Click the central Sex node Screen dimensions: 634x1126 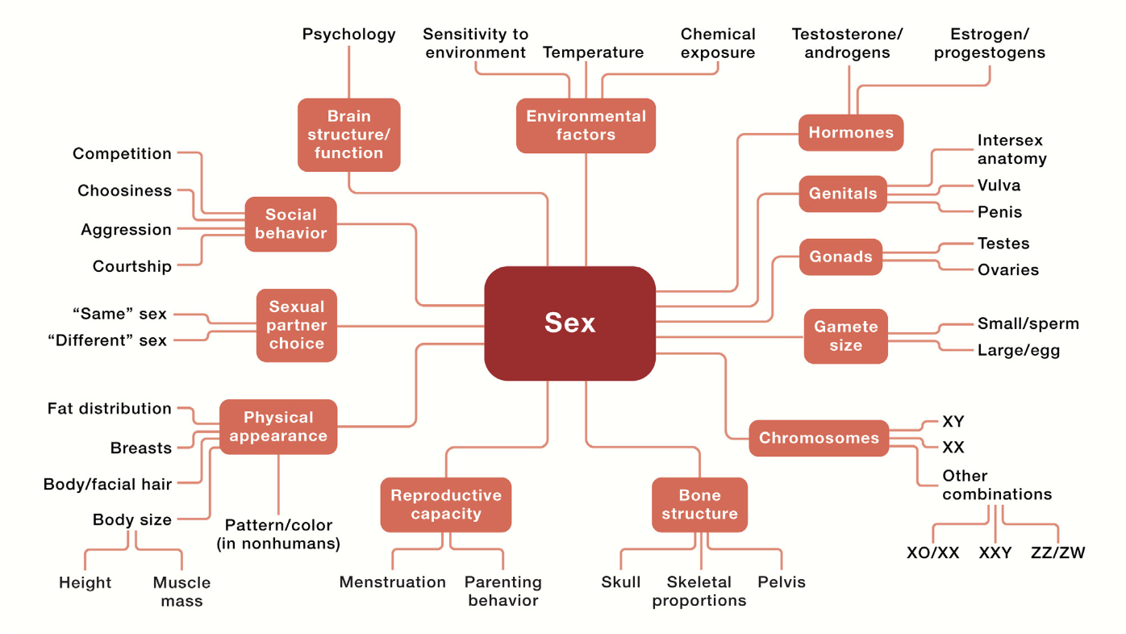pos(569,323)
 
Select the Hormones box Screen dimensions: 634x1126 pos(851,132)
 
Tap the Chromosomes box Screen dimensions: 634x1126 pos(819,438)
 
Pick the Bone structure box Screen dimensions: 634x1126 pos(699,505)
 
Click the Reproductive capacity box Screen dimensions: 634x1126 pos(446,505)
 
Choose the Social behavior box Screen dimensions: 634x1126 pos(290,224)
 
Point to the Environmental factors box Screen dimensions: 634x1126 pos(586,126)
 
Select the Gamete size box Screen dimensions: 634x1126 pos(845,336)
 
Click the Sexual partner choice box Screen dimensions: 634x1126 pos(296,325)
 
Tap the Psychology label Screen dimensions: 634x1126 pos(348,34)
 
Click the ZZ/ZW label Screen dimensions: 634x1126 pos(1057,553)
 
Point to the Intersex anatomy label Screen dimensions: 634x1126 pos(1011,149)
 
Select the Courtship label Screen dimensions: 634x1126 pos(131,266)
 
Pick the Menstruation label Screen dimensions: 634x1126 pos(392,582)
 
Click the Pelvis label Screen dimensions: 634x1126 pos(781,582)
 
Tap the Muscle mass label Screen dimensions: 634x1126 pos(181,591)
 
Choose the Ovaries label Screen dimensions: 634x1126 pos(1007,270)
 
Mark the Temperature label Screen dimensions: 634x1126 pos(593,52)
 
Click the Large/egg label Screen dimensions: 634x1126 pos(1018,351)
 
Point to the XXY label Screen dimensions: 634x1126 pos(995,553)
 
